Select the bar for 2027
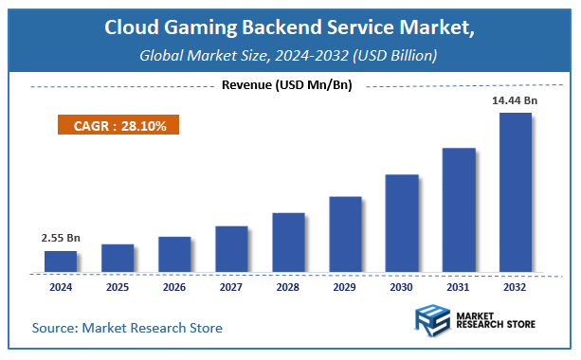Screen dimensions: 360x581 pos(231,249)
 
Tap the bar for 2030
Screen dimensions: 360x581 pos(402,224)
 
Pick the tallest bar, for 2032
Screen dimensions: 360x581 pos(516,192)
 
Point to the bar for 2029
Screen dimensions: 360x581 pos(345,234)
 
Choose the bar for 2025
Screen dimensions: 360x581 pos(118,258)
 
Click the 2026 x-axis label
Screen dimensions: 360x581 pos(174,285)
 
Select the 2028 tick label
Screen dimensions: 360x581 pos(288,285)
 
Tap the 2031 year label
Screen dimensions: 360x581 pos(459,285)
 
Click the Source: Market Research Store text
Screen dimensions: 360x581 pos(127,328)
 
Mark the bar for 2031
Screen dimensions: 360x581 pos(459,210)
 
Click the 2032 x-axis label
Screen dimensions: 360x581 pos(516,285)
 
